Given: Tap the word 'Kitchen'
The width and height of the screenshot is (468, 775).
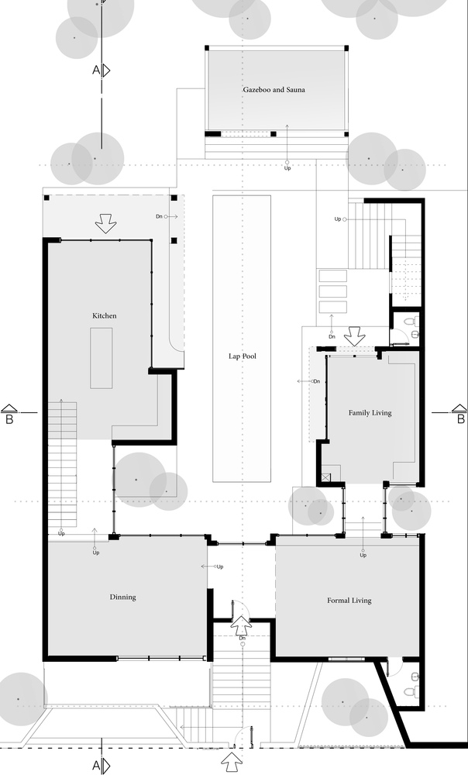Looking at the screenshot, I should (105, 316).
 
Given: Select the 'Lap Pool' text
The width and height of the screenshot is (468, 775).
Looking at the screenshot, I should (243, 356).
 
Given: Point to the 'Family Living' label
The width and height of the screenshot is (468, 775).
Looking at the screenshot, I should (370, 413).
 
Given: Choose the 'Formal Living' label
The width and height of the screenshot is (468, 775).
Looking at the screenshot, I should (349, 600).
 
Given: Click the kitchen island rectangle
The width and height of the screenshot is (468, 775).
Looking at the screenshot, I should (102, 357).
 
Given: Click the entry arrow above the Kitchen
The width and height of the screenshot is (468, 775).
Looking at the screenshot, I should (105, 225).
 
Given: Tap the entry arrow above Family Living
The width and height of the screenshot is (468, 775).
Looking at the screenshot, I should (355, 337).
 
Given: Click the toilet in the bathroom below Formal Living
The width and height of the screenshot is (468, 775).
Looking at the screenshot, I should (415, 689).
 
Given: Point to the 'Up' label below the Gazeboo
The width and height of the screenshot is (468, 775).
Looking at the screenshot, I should (287, 167).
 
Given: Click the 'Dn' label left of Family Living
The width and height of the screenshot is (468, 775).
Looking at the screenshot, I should (316, 381).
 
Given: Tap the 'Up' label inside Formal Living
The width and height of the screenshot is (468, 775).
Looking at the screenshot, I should (363, 555).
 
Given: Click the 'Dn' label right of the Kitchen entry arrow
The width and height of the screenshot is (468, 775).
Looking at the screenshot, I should (160, 217).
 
